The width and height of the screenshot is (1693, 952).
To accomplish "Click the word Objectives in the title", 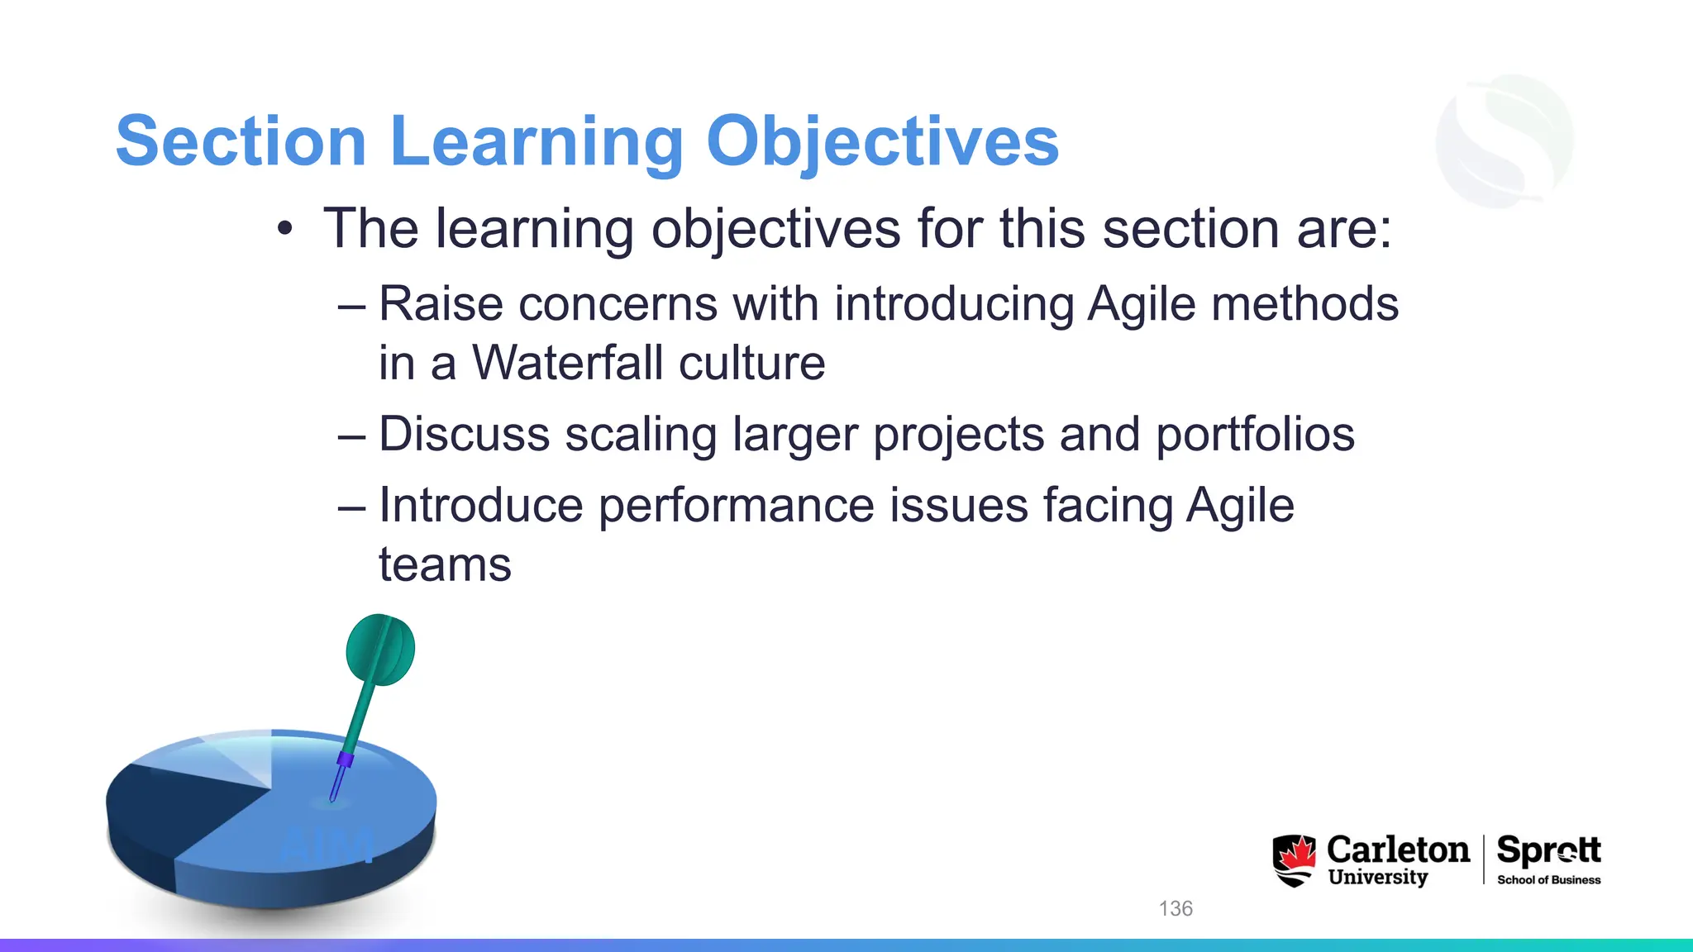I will (882, 142).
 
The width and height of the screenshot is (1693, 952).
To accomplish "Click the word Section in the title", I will (241, 142).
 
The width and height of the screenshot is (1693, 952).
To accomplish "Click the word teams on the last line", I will (445, 565).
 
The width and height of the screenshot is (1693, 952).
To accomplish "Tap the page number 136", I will (1176, 909).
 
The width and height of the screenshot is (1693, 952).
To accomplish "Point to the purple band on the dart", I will (346, 759).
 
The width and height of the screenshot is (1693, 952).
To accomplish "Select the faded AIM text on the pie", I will (326, 845).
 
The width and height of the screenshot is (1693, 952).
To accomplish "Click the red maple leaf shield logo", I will (1295, 860).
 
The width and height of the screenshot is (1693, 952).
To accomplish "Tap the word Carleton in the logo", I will (1398, 850).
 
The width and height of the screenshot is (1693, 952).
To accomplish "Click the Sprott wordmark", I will (1548, 850).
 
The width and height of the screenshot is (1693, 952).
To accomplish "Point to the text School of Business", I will (1548, 880).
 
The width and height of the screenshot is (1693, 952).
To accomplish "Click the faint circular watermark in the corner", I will (1505, 140).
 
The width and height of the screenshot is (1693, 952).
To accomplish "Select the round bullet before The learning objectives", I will (285, 229).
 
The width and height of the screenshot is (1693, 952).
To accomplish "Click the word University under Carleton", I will (1378, 878).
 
